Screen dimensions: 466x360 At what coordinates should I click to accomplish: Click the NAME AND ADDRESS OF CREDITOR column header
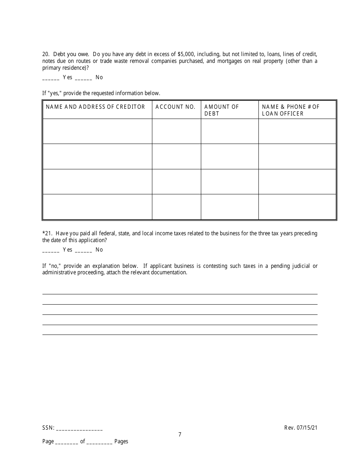95,107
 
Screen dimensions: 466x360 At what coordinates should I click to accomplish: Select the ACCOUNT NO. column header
175,107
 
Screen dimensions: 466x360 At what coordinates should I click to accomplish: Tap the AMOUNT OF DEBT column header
222,110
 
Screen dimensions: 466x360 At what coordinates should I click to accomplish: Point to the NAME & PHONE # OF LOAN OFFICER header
291,110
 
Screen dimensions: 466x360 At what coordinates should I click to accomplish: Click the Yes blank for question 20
51,78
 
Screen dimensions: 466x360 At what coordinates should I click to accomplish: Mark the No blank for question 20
83,78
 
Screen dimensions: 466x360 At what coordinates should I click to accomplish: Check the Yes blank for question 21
51,250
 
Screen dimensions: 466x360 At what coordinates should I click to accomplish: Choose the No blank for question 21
83,250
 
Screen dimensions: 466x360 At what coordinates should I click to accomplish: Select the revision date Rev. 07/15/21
301,428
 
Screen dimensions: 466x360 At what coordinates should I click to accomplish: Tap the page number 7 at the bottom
180,435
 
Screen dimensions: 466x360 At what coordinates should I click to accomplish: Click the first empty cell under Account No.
176,131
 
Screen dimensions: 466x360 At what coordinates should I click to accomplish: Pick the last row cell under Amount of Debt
230,206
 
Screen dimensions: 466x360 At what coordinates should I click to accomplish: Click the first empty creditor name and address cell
97,131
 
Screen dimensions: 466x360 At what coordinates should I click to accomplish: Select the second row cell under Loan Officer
297,156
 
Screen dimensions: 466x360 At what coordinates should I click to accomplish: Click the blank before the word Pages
99,442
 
